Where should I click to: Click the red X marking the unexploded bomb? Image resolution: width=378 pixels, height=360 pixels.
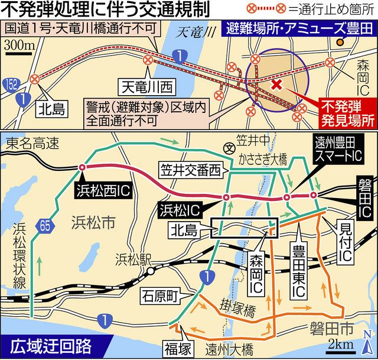pyautogui.click(x=276, y=85)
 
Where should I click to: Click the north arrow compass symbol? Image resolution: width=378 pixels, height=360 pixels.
pyautogui.click(x=369, y=346)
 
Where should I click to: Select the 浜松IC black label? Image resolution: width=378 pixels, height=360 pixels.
pyautogui.click(x=178, y=209)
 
